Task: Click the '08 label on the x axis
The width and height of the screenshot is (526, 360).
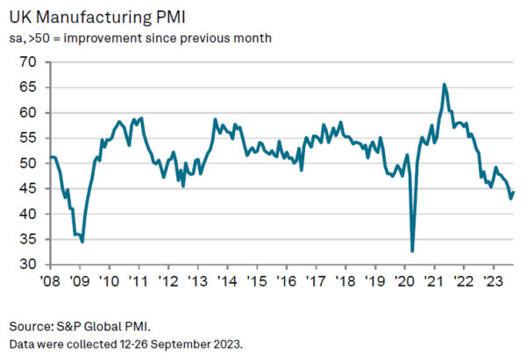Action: click(x=49, y=282)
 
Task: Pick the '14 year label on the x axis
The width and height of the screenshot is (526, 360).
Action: click(x=227, y=282)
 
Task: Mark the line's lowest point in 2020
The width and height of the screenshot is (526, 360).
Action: click(x=412, y=251)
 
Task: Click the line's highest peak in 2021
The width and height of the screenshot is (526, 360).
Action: click(x=444, y=84)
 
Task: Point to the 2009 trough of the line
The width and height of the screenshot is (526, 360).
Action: click(x=82, y=241)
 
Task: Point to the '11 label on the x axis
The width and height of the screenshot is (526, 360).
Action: click(x=138, y=282)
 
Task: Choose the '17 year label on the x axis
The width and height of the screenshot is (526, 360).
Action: click(x=316, y=282)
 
